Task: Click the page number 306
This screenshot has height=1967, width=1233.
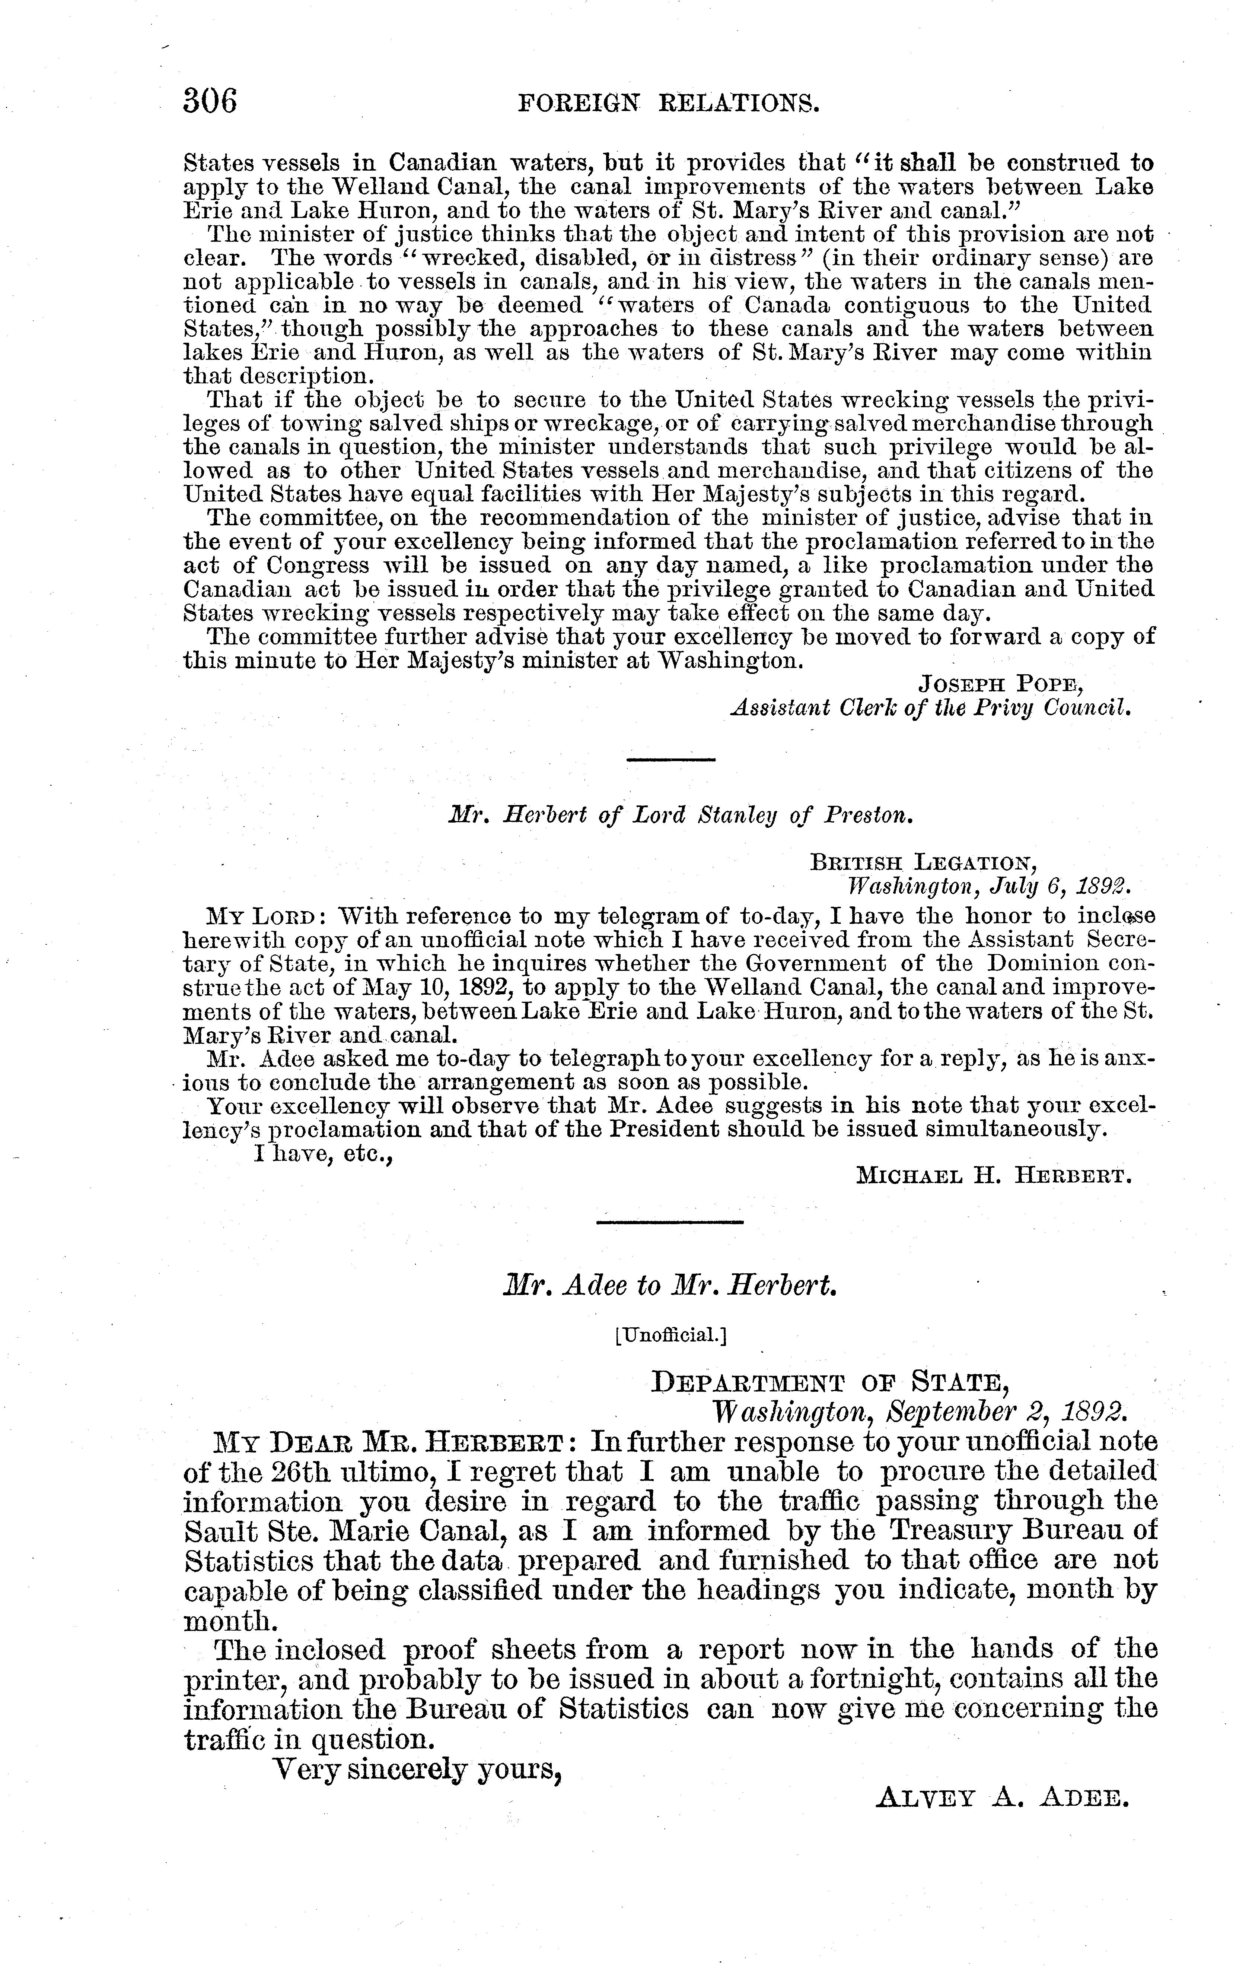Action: pyautogui.click(x=210, y=102)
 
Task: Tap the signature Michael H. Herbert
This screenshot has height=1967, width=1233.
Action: pyautogui.click(x=994, y=1176)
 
